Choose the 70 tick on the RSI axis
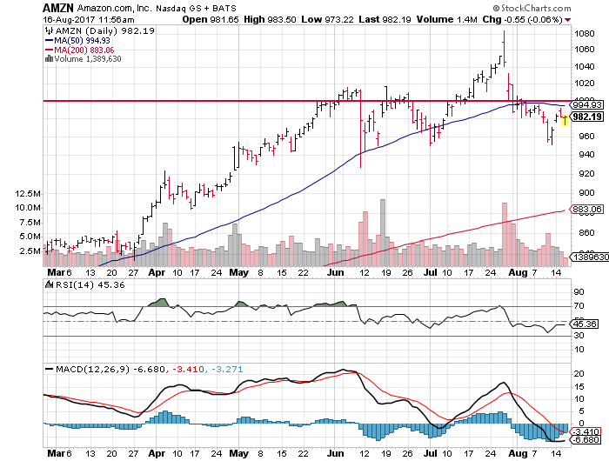pos(576,306)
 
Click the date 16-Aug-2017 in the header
pos(67,20)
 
